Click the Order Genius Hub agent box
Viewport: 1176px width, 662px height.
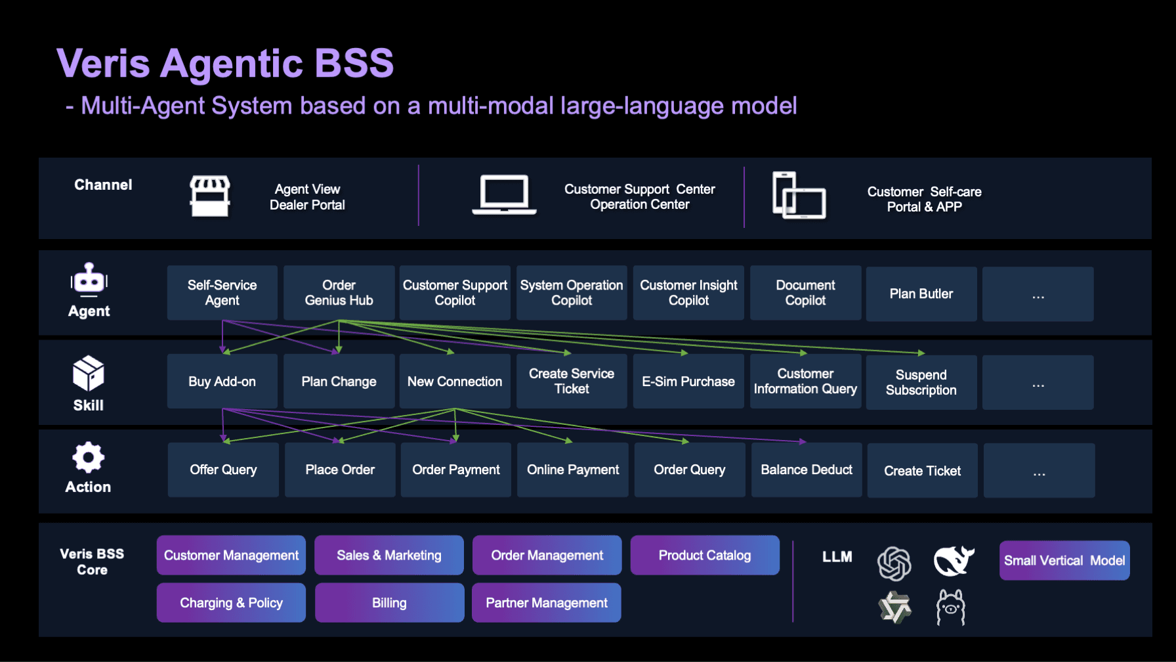pos(339,293)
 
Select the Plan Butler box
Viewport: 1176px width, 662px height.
pos(921,294)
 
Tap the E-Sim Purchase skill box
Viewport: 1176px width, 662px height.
pos(688,382)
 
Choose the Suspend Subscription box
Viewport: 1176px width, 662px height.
pos(921,382)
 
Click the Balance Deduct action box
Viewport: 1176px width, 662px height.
pos(807,470)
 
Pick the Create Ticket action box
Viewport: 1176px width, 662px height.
pos(922,470)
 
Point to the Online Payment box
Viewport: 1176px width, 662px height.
pos(573,470)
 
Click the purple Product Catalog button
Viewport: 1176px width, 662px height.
pos(705,555)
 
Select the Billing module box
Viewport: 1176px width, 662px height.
pos(389,602)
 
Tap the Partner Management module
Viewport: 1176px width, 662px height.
pos(546,602)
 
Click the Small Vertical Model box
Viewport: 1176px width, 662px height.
pos(1064,560)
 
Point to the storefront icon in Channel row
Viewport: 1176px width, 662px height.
pos(210,196)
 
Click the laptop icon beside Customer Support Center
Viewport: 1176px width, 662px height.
pos(504,195)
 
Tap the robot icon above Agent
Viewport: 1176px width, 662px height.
pos(89,280)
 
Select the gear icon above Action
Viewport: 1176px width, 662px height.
pos(89,457)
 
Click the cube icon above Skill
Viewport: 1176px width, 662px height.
pos(89,373)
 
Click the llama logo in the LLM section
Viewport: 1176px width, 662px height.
pos(950,607)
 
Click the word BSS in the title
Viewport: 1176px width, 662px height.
pos(354,64)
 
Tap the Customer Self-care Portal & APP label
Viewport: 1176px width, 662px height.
pos(924,199)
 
